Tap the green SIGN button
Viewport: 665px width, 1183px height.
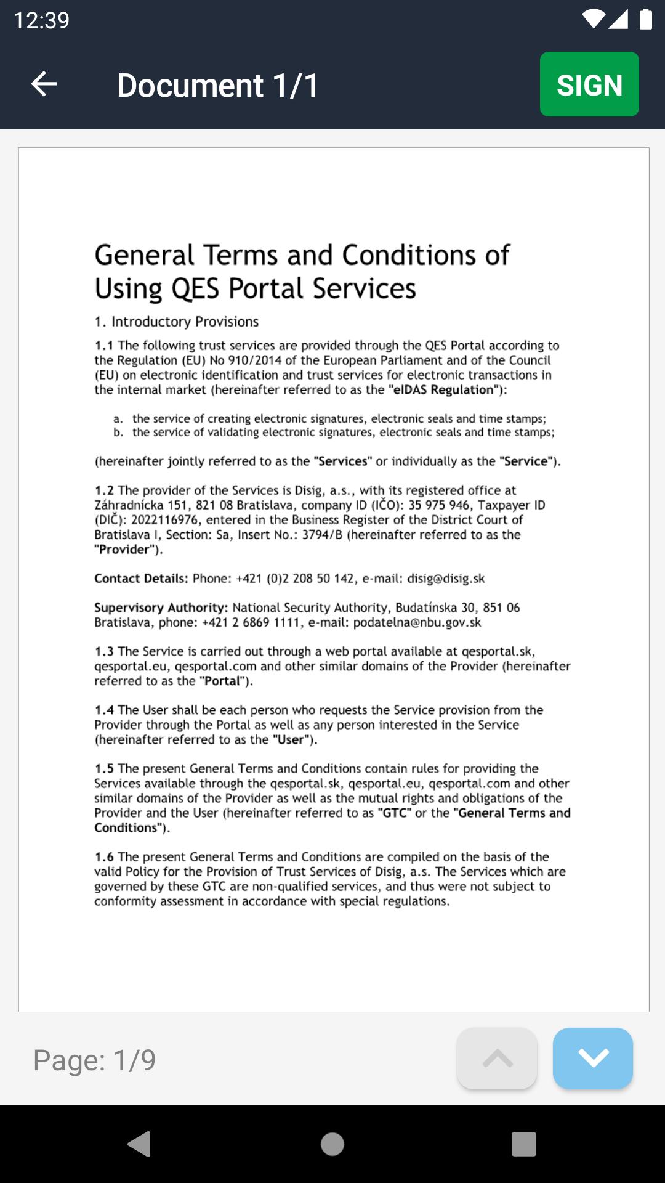click(589, 84)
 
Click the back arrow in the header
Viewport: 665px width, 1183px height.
click(44, 84)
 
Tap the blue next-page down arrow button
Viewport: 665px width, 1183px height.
click(592, 1058)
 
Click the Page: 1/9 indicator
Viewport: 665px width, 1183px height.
click(94, 1060)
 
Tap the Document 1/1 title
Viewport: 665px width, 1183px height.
click(218, 85)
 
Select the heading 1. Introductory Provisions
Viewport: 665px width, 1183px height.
click(176, 322)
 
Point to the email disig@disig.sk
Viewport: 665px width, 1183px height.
click(446, 579)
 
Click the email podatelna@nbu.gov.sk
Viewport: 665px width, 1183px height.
click(417, 623)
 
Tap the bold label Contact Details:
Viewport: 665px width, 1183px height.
click(141, 579)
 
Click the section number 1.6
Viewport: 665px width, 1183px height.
click(104, 857)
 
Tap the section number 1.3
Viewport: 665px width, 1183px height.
click(104, 651)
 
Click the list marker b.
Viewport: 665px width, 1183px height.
click(118, 433)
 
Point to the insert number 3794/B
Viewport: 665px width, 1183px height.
click(322, 535)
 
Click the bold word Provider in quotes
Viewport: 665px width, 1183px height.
click(124, 550)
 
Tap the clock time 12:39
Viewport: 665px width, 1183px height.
click(41, 20)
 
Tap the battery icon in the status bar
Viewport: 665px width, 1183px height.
click(645, 19)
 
